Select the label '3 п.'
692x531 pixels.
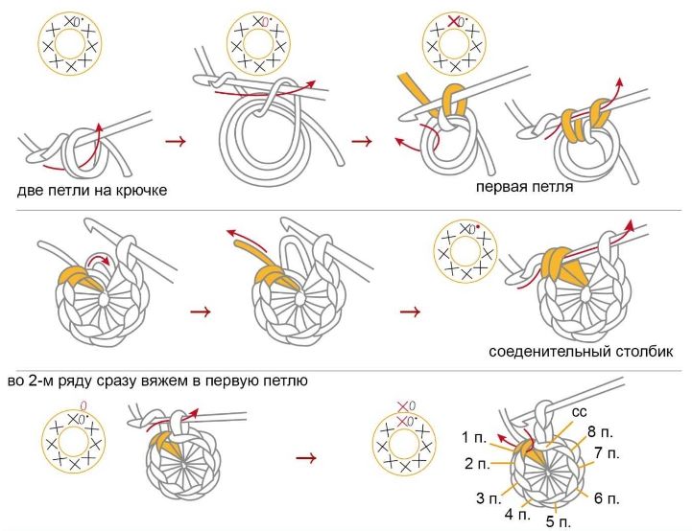[x=487, y=497]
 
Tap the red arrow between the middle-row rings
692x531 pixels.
[x=201, y=312]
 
